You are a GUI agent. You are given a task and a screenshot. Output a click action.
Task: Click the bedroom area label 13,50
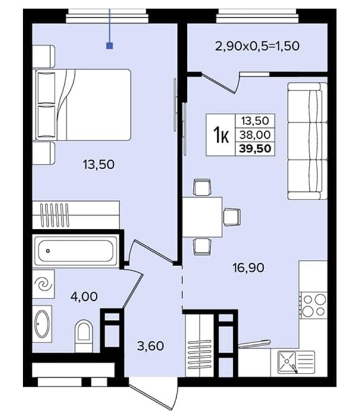click(x=99, y=164)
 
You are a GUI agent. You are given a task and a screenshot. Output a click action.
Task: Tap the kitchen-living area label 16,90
click(x=248, y=267)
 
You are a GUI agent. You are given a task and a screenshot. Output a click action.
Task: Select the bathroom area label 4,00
click(x=84, y=296)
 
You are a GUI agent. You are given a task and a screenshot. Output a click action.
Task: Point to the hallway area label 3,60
click(x=151, y=346)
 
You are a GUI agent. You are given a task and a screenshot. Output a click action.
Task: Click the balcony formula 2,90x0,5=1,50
click(x=257, y=46)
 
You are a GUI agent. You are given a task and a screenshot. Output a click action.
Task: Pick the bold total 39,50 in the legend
click(x=255, y=148)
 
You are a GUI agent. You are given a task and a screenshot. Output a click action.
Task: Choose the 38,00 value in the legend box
click(x=255, y=135)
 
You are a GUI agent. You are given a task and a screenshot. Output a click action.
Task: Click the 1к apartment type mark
click(x=221, y=135)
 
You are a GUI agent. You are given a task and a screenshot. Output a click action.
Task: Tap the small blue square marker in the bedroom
click(x=109, y=46)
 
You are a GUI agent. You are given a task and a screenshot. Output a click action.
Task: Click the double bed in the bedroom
click(x=82, y=105)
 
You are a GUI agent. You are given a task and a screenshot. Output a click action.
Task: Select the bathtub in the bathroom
click(x=76, y=251)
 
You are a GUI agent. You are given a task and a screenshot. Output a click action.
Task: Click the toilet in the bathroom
click(x=84, y=335)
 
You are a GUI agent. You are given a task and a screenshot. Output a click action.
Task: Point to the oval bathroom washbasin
click(x=42, y=323)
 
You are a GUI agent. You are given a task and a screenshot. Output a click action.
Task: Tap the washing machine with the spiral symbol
click(x=43, y=284)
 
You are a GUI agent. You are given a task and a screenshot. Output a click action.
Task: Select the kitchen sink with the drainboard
click(x=296, y=362)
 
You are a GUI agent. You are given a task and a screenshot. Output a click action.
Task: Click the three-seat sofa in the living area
click(x=308, y=141)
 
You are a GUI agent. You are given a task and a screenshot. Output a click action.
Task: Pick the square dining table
click(x=202, y=217)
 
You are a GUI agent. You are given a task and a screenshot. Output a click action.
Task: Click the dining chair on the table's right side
click(x=232, y=217)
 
